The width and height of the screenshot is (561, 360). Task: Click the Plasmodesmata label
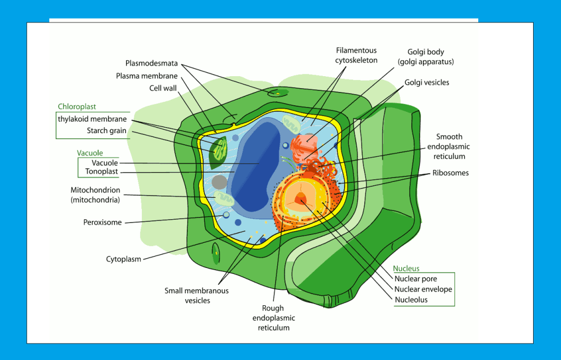tap(151, 63)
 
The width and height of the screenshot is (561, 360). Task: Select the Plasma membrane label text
tap(146, 76)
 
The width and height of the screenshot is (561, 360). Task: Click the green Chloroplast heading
tap(77, 107)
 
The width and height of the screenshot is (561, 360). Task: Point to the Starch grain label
tap(106, 130)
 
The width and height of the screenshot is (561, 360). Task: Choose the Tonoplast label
tap(101, 172)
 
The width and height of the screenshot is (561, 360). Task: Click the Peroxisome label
tap(102, 222)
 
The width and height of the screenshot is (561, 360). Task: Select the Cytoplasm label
tap(123, 259)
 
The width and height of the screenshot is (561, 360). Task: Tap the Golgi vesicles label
tap(427, 82)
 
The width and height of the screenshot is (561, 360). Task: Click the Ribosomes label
tap(450, 173)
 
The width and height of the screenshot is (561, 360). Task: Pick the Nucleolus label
tap(411, 300)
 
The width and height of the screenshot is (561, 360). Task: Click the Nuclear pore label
tap(416, 279)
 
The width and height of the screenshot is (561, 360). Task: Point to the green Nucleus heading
tap(406, 268)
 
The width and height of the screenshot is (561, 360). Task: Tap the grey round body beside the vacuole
tap(220, 182)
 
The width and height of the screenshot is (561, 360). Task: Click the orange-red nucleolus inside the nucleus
tap(300, 199)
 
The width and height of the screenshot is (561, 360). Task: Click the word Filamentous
tap(356, 50)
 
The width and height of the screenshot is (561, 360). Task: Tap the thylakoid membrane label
tap(92, 119)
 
